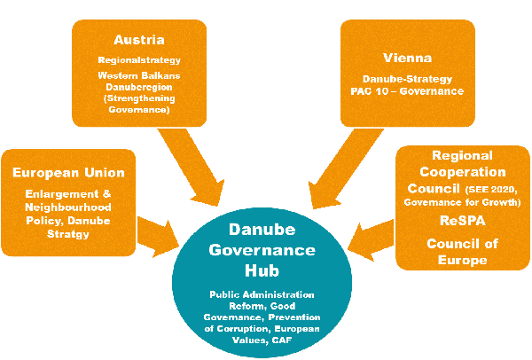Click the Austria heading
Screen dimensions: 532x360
(x=139, y=40)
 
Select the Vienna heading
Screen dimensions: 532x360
(x=408, y=58)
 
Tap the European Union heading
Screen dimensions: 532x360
(x=68, y=173)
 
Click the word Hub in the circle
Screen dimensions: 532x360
(x=262, y=270)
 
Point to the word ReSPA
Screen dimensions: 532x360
(x=463, y=221)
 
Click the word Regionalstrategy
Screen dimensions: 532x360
(x=139, y=60)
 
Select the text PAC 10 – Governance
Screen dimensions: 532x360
(x=407, y=91)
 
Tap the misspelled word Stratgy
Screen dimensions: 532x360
(x=68, y=234)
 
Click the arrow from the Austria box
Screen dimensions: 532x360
(x=192, y=168)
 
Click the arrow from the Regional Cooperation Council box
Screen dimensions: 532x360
(x=371, y=240)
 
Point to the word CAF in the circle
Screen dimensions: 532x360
(x=282, y=340)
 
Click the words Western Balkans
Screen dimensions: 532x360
(x=139, y=75)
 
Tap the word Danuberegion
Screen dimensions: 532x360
(x=139, y=87)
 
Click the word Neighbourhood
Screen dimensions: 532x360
(x=68, y=207)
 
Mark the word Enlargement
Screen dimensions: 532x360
(x=62, y=194)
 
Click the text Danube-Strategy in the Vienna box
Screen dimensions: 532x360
(x=408, y=80)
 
